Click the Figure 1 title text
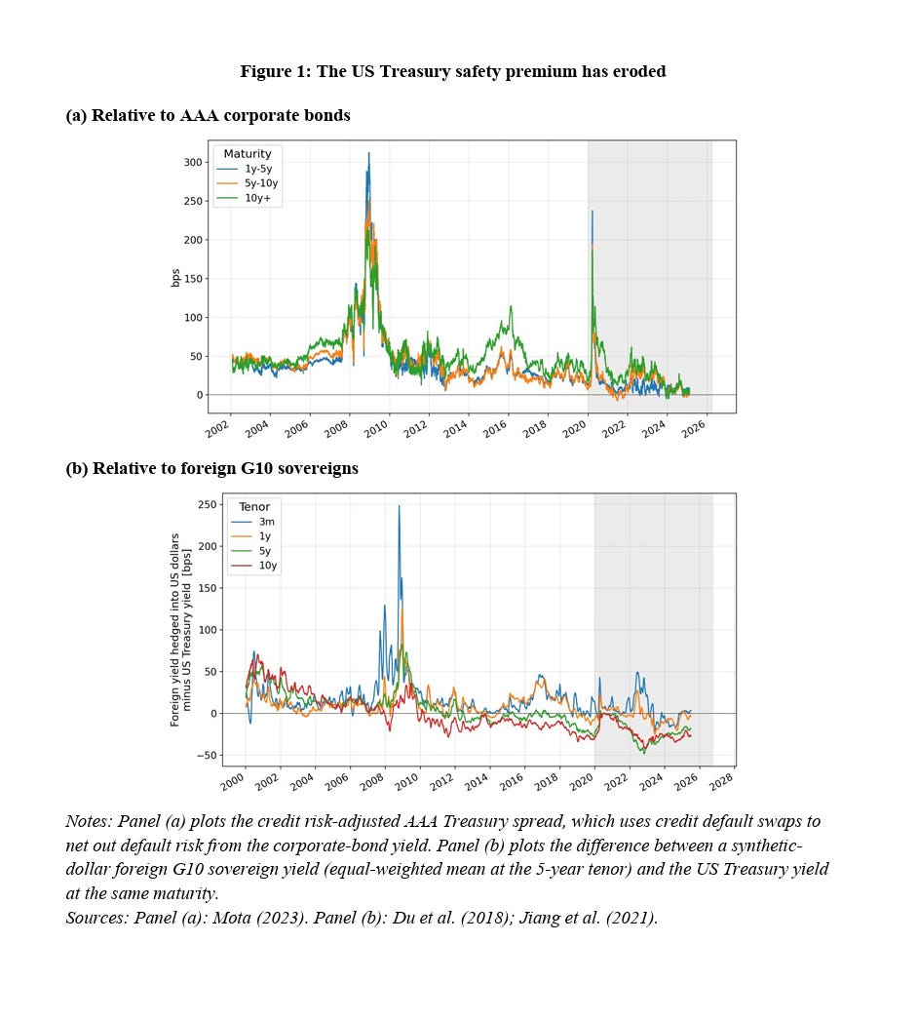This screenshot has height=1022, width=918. click(453, 71)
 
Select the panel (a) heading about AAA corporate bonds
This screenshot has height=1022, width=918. click(208, 115)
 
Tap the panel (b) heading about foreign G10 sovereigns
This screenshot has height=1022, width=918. click(211, 469)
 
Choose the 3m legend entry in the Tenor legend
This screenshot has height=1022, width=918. click(252, 522)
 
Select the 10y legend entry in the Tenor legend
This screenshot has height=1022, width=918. click(254, 565)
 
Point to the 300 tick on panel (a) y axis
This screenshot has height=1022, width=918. click(193, 162)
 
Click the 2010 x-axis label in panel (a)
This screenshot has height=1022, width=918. click(375, 429)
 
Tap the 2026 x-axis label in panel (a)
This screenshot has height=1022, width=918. click(693, 429)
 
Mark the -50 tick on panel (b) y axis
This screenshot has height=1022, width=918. click(206, 756)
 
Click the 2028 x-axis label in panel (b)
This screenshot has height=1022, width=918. click(721, 781)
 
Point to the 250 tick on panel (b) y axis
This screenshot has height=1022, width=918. click(208, 504)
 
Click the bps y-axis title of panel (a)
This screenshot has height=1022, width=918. click(175, 278)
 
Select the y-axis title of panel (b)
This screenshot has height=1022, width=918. click(180, 630)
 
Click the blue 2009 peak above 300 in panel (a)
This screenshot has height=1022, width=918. click(368, 153)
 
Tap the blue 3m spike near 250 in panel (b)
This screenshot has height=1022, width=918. click(399, 506)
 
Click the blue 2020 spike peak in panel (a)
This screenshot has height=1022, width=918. click(593, 211)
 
